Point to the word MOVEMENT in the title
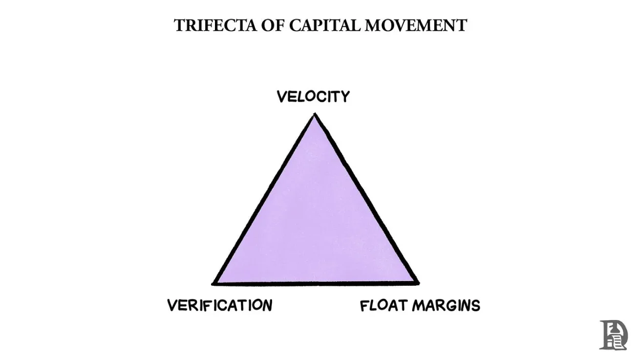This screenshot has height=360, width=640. tap(416, 25)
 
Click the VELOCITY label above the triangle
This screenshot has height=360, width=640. tap(313, 97)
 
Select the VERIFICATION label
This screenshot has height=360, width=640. tap(220, 305)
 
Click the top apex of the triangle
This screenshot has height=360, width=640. tap(315, 115)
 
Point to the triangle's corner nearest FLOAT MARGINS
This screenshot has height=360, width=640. tap(417, 282)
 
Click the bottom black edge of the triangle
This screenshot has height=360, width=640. tap(316, 282)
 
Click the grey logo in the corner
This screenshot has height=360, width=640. tap(613, 335)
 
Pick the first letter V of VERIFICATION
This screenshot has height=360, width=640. tap(172, 305)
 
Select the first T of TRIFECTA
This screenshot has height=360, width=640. tap(179, 25)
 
